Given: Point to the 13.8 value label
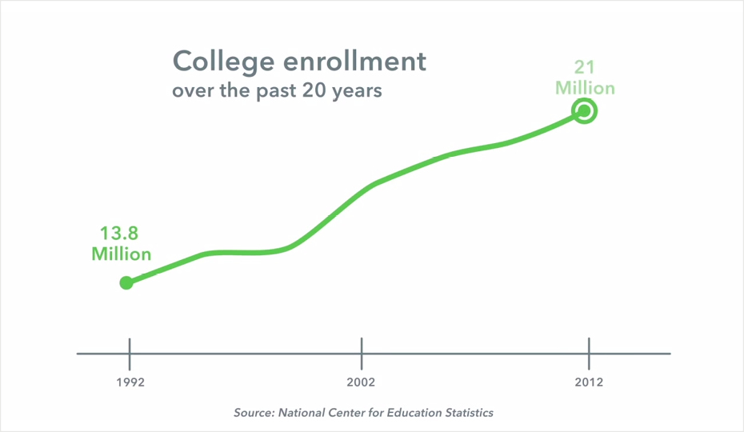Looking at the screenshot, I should (120, 234).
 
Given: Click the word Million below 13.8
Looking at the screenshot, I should (121, 254).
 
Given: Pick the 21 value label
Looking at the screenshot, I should (585, 67).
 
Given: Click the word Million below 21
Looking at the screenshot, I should (586, 87).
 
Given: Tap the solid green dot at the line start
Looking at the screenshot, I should (126, 282).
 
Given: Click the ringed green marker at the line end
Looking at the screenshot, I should (585, 111).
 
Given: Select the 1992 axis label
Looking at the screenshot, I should (130, 382).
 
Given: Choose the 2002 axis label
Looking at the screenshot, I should (361, 382).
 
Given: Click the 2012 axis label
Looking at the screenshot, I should (589, 382).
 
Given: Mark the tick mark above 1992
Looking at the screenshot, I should (130, 353).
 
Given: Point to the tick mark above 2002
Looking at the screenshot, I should (362, 353).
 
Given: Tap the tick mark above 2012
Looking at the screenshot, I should (589, 353).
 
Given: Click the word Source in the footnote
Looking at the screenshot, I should (254, 413).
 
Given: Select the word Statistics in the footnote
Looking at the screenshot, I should (467, 413).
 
